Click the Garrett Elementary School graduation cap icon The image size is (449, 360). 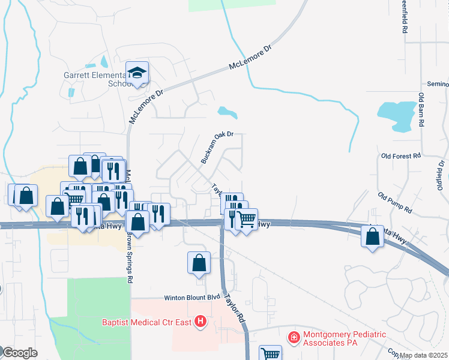[x=137, y=73]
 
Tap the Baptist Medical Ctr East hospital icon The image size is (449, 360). [x=200, y=323]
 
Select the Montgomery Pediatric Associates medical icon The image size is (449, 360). [x=294, y=338]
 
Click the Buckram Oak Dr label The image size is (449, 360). [x=217, y=148]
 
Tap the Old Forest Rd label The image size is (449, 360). [x=400, y=156]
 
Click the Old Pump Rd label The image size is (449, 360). [x=395, y=203]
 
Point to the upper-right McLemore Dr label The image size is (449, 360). [x=251, y=58]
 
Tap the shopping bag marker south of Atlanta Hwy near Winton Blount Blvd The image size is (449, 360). [x=199, y=262]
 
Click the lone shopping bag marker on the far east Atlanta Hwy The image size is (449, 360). [x=372, y=235]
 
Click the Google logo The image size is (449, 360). [x=19, y=353]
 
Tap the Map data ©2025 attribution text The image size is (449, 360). [x=424, y=355]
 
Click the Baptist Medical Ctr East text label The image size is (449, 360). [x=146, y=323]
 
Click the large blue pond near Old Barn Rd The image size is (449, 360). [x=397, y=116]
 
